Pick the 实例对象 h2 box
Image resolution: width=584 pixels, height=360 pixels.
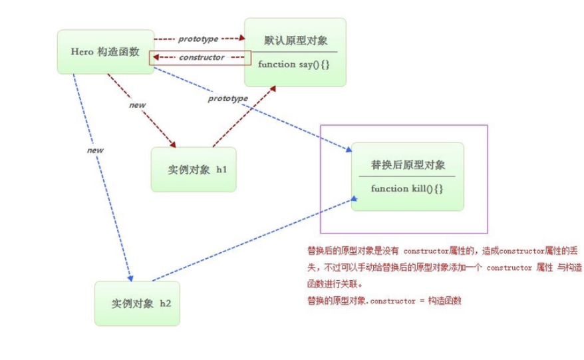coord(137,303)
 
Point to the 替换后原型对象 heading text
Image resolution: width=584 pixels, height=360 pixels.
coord(408,165)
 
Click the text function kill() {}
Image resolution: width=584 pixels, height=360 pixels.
coord(407,188)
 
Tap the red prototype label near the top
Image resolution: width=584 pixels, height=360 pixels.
coord(198,39)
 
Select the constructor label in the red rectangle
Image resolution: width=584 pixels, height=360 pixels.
coord(201,57)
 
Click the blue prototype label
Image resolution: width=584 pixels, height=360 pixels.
coord(227,98)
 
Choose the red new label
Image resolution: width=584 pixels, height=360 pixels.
coord(138,104)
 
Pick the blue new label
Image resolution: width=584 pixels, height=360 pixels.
coord(95,150)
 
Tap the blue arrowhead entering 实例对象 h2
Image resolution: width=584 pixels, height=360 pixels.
coord(131,277)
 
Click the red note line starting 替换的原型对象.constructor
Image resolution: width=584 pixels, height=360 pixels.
coord(384,300)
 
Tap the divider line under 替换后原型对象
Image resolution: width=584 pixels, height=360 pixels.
coord(407,176)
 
